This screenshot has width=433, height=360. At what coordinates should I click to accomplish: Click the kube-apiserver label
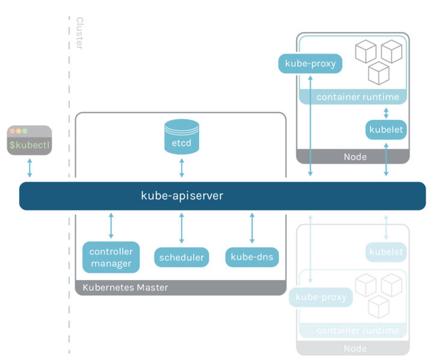182,196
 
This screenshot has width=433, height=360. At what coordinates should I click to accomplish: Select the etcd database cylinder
182,136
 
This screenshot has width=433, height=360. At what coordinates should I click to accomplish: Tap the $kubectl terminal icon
29,140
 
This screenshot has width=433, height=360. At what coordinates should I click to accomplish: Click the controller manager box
111,257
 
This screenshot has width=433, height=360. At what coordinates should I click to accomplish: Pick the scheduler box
182,258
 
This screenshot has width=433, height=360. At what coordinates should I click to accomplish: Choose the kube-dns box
252,258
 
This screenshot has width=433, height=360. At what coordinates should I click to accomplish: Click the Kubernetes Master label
125,288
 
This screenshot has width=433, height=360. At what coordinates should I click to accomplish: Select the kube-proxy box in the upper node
310,64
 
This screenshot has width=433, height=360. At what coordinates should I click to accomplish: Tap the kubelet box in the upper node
386,130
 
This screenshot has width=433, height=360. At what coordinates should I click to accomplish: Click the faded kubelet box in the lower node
386,252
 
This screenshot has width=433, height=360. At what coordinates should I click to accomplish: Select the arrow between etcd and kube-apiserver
182,168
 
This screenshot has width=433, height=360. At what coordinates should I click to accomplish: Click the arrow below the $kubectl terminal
29,168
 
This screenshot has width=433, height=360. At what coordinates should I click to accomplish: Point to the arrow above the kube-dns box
252,227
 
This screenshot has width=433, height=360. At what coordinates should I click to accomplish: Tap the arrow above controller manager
111,226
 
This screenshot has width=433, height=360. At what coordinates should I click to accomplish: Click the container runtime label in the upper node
357,97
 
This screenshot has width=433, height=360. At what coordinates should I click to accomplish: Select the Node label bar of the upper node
353,157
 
